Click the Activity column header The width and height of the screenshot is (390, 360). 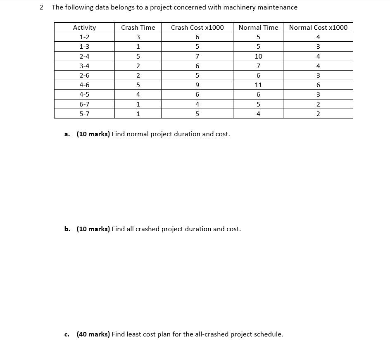coord(84,27)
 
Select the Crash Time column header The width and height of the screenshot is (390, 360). coord(138,27)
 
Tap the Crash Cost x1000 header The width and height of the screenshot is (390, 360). coord(197,27)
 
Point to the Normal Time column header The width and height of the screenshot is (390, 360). coord(258,27)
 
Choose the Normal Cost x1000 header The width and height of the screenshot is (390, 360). coord(318,27)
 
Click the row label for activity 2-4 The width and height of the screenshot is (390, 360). coord(84,56)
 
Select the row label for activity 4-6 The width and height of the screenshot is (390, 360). coord(84,85)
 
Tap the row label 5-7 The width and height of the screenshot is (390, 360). coord(84,114)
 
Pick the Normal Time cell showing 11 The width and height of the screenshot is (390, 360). coord(258,85)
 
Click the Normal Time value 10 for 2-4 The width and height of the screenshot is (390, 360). coord(258,56)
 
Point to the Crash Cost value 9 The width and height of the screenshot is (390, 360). coord(197,85)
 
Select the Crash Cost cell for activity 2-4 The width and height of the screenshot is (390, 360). coord(197,56)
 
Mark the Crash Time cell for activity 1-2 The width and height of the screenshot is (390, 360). coord(138,37)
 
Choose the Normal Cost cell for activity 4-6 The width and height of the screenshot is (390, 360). coord(318,85)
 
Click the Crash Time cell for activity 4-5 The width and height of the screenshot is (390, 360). coord(138,95)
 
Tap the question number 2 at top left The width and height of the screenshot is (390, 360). coord(41,7)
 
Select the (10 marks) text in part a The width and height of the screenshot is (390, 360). coord(93,134)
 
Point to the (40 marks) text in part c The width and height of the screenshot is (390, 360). coord(93,334)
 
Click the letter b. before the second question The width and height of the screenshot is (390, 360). coord(67,229)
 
